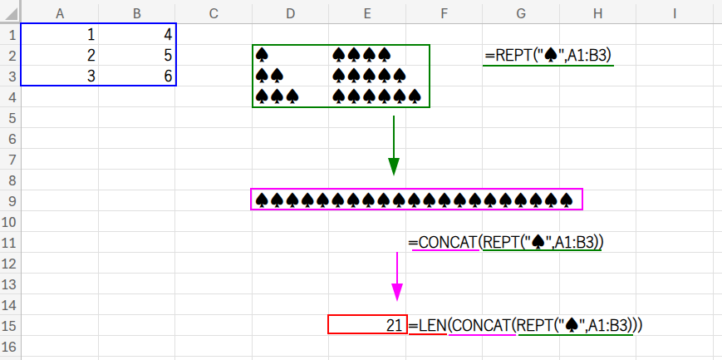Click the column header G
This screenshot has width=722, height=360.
[520, 12]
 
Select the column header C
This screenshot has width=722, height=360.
[214, 12]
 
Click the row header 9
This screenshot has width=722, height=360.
[10, 200]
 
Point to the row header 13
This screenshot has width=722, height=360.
[10, 284]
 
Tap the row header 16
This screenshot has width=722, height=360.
[10, 345]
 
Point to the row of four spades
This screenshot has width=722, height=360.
[361, 56]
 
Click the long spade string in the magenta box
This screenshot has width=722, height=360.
[415, 200]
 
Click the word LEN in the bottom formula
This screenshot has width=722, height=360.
[432, 325]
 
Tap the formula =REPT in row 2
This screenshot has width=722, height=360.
[548, 56]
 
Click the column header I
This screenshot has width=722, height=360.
[675, 12]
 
